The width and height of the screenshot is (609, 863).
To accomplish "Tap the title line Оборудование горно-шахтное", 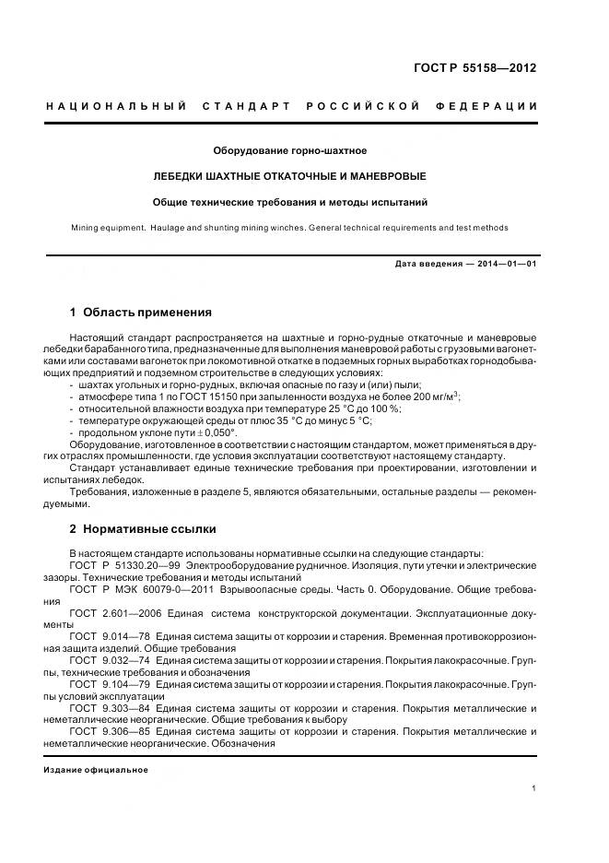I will [290, 150].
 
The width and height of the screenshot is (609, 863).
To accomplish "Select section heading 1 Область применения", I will [140, 313].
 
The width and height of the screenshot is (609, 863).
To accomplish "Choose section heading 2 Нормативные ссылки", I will [143, 529].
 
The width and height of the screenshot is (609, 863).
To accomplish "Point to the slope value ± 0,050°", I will [216, 431].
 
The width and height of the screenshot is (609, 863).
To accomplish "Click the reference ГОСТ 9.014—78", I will [109, 636].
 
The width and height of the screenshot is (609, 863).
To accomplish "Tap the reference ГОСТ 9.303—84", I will [110, 708].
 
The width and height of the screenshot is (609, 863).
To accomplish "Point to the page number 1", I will [534, 788].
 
